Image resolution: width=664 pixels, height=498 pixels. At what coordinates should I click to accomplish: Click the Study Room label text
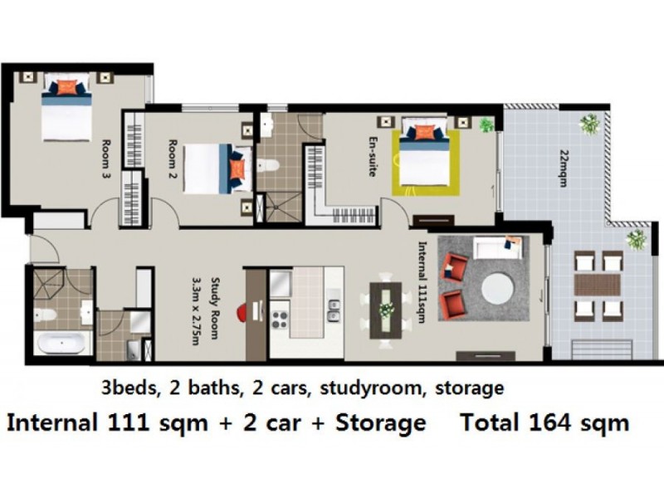pyautogui.click(x=211, y=308)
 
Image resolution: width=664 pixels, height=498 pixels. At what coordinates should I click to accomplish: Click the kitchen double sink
pyautogui.click(x=334, y=310)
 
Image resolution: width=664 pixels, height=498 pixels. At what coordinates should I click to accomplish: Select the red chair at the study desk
pyautogui.click(x=242, y=312)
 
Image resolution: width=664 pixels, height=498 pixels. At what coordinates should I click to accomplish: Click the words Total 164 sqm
pyautogui.click(x=544, y=422)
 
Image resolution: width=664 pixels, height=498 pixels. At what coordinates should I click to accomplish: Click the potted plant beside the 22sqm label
pyautogui.click(x=591, y=124)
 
